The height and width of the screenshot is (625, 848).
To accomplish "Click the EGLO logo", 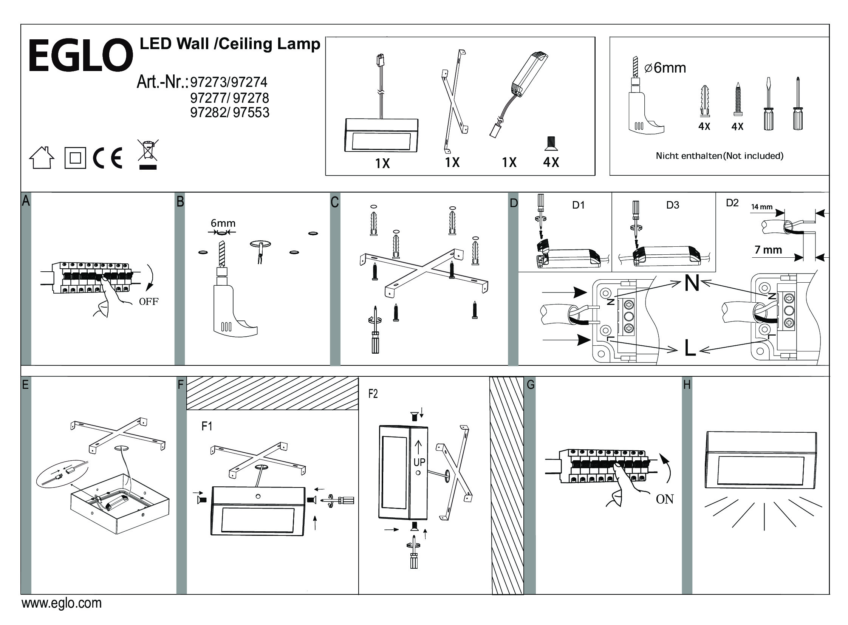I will click(80, 55).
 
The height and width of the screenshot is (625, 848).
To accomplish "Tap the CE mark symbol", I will click(108, 158).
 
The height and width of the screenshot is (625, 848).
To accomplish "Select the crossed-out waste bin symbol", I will click(148, 154).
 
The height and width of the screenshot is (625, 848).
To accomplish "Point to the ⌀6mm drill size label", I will click(665, 68).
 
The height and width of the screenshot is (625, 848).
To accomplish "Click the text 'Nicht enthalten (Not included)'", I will click(720, 155).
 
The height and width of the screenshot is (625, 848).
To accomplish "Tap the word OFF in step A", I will click(149, 302).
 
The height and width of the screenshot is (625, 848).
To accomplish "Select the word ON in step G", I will click(665, 499).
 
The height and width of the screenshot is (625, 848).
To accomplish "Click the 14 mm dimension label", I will click(762, 207).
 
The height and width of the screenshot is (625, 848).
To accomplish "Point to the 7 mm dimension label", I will click(768, 250).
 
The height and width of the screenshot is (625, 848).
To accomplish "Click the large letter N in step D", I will click(692, 283).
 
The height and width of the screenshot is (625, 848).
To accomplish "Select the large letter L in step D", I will click(690, 349).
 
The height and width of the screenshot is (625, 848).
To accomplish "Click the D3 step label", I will click(672, 205).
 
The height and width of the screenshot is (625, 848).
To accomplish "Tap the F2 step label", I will click(373, 394).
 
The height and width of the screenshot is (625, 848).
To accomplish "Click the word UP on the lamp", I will click(419, 462).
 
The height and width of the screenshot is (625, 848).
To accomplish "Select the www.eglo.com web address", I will click(62, 603).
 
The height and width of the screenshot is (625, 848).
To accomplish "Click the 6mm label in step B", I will click(223, 223).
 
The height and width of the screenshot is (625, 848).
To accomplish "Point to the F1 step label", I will click(207, 426).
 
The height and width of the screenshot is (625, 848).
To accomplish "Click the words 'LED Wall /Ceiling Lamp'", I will click(230, 44).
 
